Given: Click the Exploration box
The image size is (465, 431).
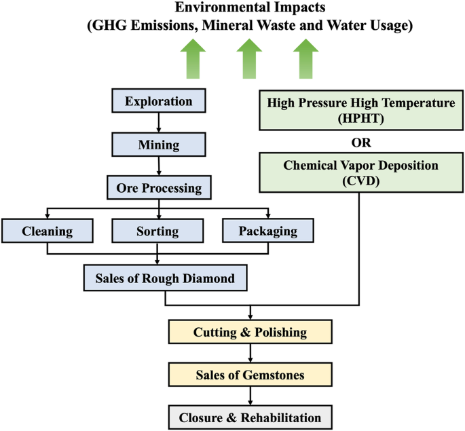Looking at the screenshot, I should pos(158,102).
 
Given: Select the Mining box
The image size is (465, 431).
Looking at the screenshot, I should pos(158,145).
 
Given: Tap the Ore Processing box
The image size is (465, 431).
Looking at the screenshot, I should pos(158,187).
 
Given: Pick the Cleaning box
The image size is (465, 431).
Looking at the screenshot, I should pos(47,231).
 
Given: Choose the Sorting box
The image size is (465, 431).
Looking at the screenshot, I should pos(158,231).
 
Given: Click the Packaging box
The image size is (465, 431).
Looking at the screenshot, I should pos(268,231).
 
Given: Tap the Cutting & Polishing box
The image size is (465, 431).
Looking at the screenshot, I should pos(250,333).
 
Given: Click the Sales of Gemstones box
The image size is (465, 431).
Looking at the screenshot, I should pos(250,373).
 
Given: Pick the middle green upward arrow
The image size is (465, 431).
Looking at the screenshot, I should pos(250,59).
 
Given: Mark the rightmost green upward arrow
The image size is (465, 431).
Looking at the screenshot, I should pos(305,59).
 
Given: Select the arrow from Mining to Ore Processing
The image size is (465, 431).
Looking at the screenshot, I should pos(158,166).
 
